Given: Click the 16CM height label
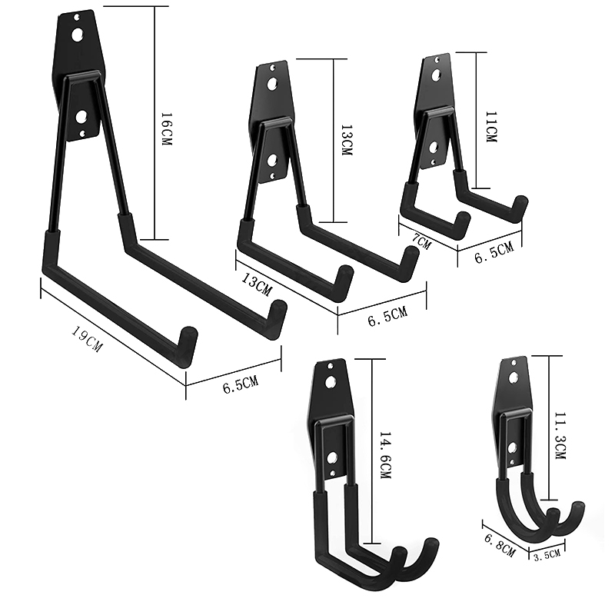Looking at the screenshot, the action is [166, 129].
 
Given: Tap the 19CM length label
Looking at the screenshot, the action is [87, 339].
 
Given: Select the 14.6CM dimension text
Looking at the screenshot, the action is [385, 455].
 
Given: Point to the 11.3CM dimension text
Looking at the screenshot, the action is [560, 436].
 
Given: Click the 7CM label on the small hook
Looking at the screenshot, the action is [421, 242].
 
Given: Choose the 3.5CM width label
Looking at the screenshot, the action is [547, 555].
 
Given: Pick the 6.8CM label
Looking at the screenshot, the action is [499, 545].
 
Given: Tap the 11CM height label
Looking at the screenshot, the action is [490, 127].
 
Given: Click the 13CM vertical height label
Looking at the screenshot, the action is [347, 140].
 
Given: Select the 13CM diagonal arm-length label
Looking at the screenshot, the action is [256, 284].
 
